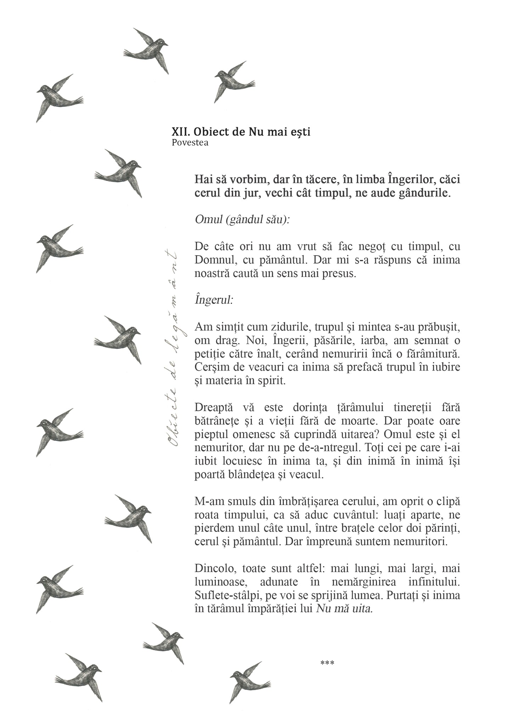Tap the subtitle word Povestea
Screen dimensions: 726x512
(190, 143)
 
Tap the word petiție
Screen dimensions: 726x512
(209, 353)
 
